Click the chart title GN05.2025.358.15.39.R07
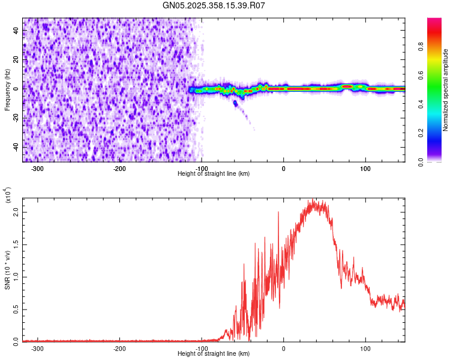214,6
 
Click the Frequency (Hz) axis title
7,89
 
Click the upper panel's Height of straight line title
214,174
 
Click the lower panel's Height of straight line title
214,354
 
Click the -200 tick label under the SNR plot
119,347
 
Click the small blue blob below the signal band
235,103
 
